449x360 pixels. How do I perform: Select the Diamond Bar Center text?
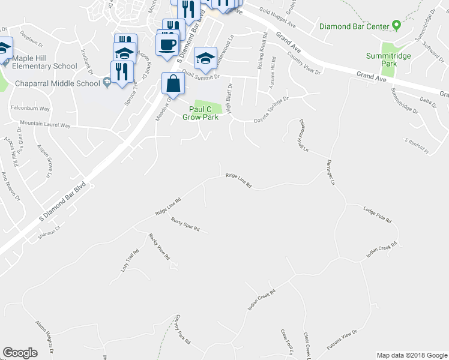(x=354, y=26)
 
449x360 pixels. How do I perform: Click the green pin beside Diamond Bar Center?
(x=396, y=26)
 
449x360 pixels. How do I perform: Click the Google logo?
(x=20, y=353)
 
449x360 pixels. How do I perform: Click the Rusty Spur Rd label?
(x=185, y=225)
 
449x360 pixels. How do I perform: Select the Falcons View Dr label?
(x=342, y=340)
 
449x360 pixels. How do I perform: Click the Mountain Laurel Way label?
(x=45, y=125)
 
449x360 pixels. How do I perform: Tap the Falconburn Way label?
(x=30, y=109)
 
